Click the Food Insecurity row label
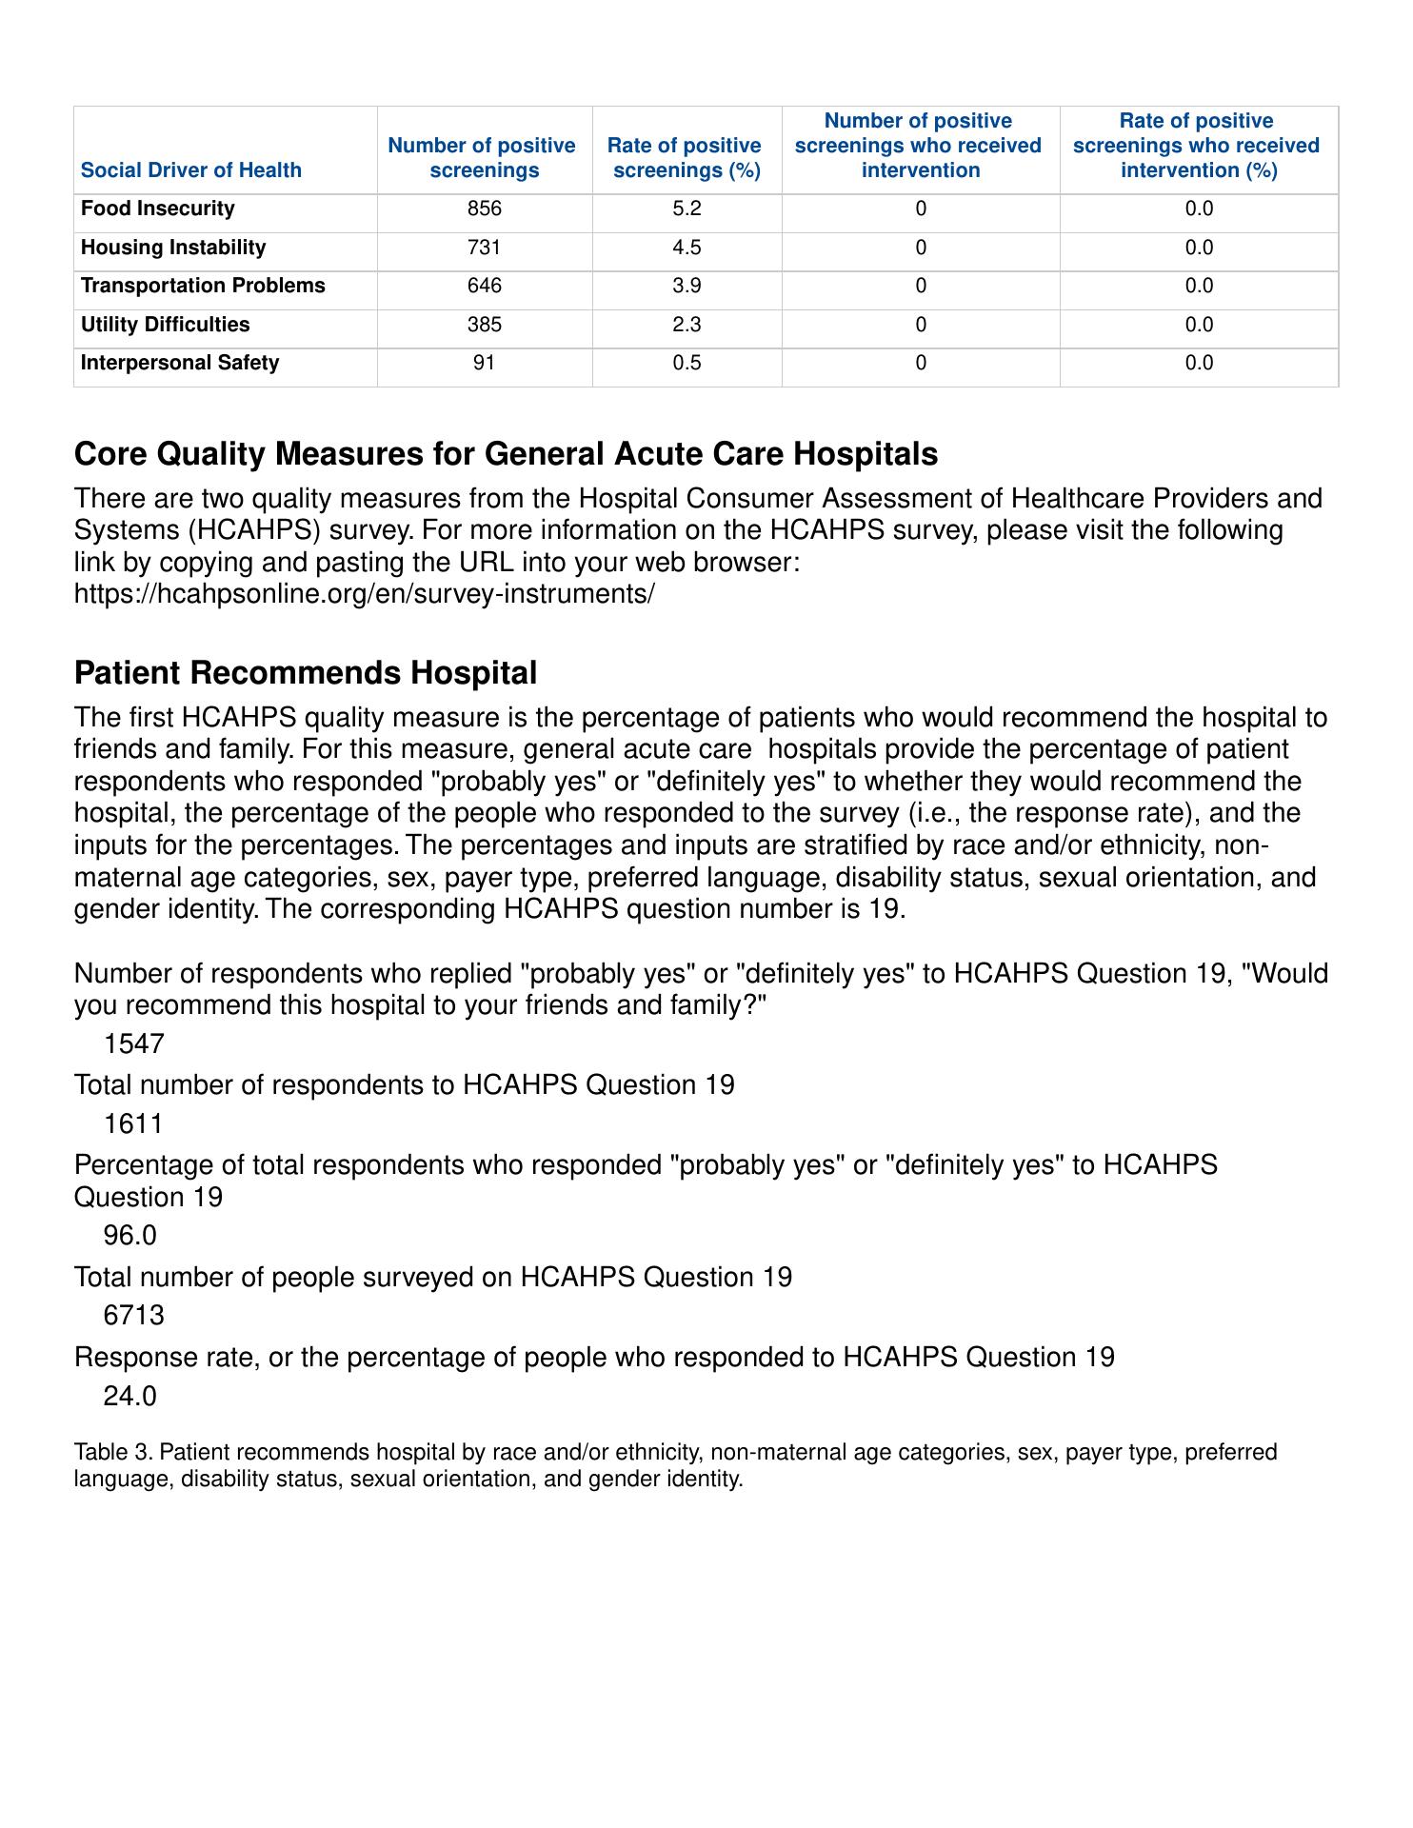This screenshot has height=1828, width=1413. coord(157,209)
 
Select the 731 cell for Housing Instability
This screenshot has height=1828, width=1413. coord(484,248)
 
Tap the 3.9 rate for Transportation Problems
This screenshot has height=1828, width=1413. coord(687,286)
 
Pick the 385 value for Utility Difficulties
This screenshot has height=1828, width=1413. coord(484,325)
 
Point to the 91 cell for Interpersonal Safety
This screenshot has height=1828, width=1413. coord(484,363)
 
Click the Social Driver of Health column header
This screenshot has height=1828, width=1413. coord(190,170)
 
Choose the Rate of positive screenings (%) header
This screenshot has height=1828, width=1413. coord(685,158)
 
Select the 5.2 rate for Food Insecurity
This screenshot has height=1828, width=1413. coord(687,209)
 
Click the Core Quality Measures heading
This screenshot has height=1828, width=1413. coord(506,454)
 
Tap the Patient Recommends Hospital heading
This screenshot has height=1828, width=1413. coord(306,673)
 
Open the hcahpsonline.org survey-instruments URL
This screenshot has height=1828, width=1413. coord(365,594)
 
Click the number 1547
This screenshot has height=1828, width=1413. coord(133,1044)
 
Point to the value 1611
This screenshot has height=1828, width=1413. coord(133,1124)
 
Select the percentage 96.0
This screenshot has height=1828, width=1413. coord(129,1236)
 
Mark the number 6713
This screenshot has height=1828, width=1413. coord(133,1316)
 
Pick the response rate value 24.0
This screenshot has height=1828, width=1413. coord(129,1396)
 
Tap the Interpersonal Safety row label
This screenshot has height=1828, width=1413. coord(180,363)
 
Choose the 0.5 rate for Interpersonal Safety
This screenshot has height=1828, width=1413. coord(687,363)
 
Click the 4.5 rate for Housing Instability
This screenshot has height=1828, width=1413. coord(687,248)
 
